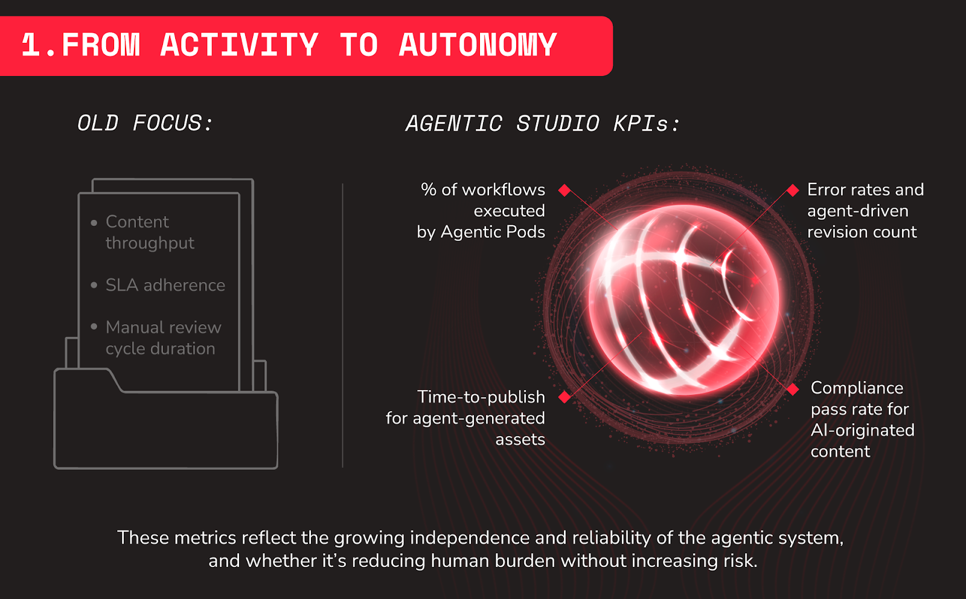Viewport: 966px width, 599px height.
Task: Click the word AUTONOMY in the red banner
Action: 478,45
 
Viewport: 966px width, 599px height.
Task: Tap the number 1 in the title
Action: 31,45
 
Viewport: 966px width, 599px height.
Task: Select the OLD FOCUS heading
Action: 145,123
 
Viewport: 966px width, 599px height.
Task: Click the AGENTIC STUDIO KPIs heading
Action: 543,123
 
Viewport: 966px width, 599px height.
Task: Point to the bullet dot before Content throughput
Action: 94,223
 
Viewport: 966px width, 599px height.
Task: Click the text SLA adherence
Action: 165,285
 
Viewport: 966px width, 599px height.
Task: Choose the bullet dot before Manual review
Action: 94,327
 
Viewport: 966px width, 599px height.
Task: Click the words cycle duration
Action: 161,348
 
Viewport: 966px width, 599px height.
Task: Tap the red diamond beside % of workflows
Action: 565,190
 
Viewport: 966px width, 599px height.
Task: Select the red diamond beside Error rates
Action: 793,190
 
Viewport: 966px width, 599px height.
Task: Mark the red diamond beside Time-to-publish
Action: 565,397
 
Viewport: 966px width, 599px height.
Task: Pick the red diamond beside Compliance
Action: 793,389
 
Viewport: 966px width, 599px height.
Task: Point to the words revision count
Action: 862,232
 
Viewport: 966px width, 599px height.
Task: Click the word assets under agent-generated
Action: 520,440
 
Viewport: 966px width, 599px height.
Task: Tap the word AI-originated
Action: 863,430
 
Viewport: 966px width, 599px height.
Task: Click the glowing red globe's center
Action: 683,299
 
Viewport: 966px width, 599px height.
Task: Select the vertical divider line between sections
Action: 343,325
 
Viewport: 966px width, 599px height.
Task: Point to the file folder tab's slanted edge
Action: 115,380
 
